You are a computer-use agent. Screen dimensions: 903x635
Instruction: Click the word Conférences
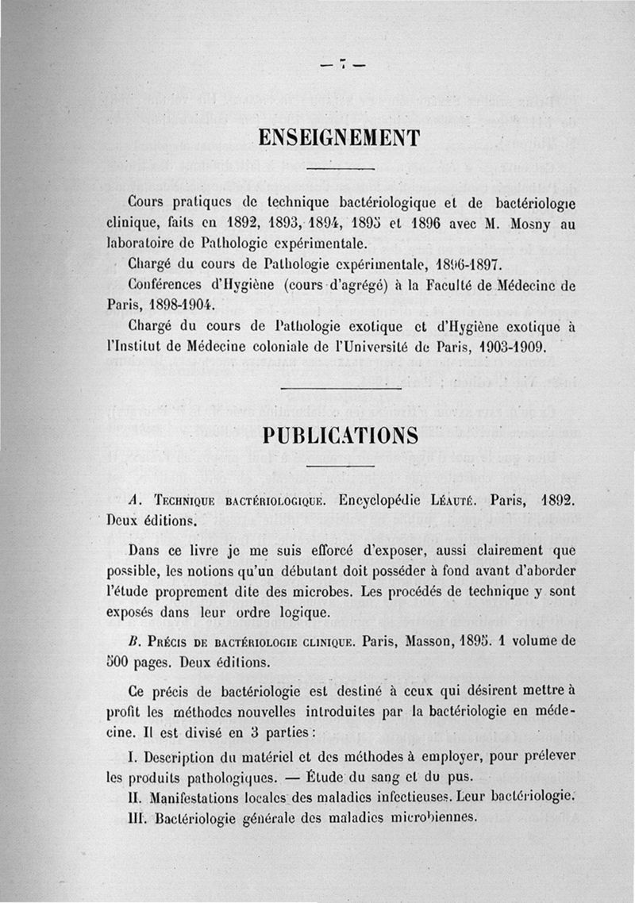click(x=167, y=284)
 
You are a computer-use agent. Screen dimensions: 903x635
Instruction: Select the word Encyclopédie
click(x=383, y=501)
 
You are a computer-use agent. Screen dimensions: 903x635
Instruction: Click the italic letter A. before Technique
click(x=134, y=501)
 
